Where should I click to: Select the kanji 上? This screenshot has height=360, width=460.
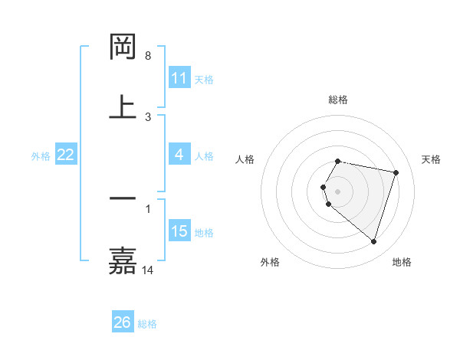(x=123, y=106)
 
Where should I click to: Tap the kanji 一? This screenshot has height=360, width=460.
(x=123, y=198)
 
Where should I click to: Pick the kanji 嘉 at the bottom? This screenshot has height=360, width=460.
(x=123, y=260)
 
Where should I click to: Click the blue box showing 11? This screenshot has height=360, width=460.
(x=179, y=78)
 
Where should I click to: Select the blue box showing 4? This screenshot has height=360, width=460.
(x=179, y=155)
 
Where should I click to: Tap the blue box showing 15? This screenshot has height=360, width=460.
(x=179, y=231)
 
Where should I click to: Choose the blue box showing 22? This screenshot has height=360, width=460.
(x=66, y=155)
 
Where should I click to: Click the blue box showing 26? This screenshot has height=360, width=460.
(x=123, y=322)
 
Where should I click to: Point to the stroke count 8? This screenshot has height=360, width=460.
(x=148, y=56)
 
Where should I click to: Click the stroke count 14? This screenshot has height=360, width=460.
(x=148, y=270)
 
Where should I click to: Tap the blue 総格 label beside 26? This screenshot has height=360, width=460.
(x=147, y=324)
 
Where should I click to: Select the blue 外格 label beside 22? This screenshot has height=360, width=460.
(x=41, y=156)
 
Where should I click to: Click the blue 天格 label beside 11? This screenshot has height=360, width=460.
(x=204, y=80)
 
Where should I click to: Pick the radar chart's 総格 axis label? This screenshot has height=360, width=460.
(x=338, y=100)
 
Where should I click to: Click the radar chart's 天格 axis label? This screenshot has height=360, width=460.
(x=432, y=159)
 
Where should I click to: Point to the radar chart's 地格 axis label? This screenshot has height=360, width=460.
(x=402, y=262)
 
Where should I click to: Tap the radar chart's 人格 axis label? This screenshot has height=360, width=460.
(x=245, y=159)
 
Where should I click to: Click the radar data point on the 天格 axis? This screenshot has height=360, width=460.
(x=396, y=173)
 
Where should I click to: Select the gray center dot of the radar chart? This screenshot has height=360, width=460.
(x=338, y=191)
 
